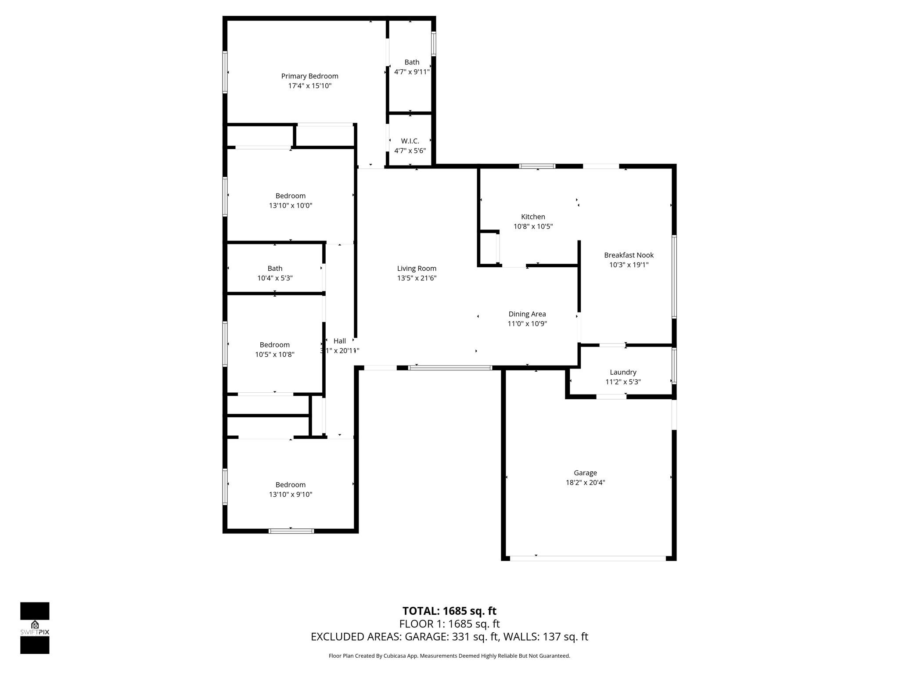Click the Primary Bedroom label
coord(309,76)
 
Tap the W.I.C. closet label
coord(410,141)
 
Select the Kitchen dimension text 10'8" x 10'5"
coord(533,226)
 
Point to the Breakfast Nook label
coord(629,255)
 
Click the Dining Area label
coord(527,314)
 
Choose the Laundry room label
coord(622,372)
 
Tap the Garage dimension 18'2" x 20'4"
coord(585,482)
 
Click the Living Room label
coord(417,268)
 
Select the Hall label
coord(339,341)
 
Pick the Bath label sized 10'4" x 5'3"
coord(275,268)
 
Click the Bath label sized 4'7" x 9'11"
coord(412,62)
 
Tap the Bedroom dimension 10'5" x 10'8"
coord(275,355)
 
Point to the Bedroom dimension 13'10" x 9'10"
coord(290,495)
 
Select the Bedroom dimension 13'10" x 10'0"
coord(290,205)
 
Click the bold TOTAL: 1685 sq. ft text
coord(449,611)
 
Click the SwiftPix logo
coord(35,628)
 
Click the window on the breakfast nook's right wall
coord(674,276)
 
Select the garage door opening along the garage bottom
coord(588,559)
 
